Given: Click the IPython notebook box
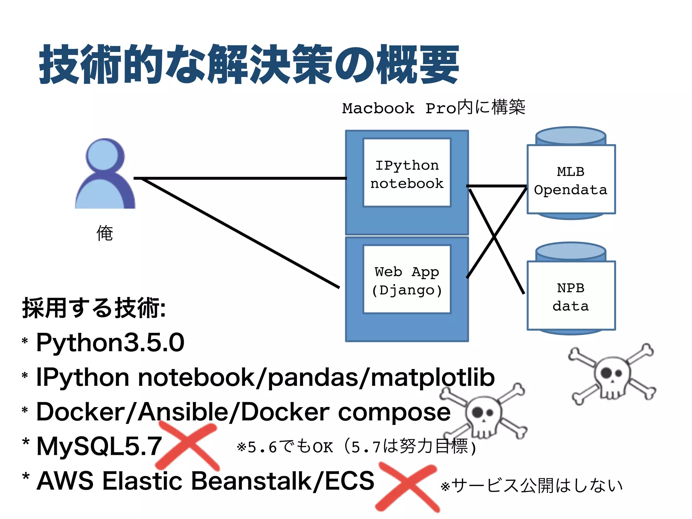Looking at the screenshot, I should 407,173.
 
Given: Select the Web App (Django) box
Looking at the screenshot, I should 407,280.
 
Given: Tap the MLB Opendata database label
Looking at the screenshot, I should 571,180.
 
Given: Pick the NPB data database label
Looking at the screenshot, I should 571,297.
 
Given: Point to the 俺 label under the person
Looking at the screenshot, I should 105,233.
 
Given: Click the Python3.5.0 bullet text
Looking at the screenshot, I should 110,343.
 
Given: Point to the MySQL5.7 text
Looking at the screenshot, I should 99,446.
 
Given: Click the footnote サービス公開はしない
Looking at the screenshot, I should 532,486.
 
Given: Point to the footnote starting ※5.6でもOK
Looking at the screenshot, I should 356,447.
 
